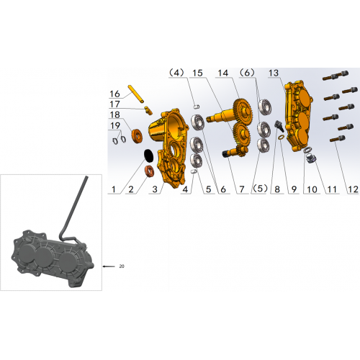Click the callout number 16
[x=114, y=94]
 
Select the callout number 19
[x=115, y=125]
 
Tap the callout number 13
[x=274, y=73]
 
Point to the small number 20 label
[x=122, y=266]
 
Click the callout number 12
[x=353, y=189]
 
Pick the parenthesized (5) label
[x=260, y=189]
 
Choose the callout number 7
[x=242, y=189]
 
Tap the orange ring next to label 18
[x=137, y=136]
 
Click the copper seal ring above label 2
[x=149, y=171]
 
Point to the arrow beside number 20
[x=109, y=266]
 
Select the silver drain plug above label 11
[x=311, y=158]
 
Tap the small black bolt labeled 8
[x=279, y=126]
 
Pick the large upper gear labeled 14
[x=243, y=109]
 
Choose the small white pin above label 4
[x=196, y=106]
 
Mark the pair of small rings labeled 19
[x=120, y=140]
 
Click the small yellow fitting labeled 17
[x=148, y=110]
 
